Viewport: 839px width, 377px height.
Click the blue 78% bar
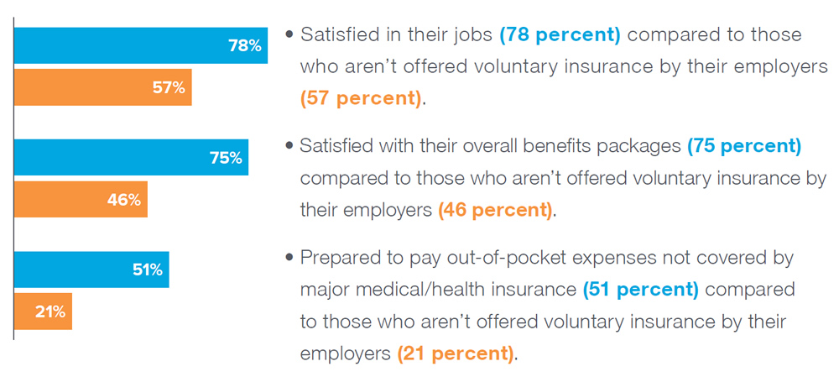click(141, 46)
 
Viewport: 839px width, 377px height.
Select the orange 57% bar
click(103, 87)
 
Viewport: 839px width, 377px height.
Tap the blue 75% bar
click(131, 157)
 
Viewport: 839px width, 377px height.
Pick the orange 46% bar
click(81, 199)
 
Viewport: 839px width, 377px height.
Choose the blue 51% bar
click(91, 270)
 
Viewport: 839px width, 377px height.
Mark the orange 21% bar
click(43, 312)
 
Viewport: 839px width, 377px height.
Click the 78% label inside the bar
click(245, 46)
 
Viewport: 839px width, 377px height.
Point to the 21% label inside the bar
click(50, 312)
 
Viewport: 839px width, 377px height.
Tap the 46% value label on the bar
click(124, 199)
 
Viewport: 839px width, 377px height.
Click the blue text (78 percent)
click(560, 35)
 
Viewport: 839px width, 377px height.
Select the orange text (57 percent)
click(361, 97)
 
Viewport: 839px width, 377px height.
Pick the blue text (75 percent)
click(744, 146)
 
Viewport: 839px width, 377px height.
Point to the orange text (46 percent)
click(495, 209)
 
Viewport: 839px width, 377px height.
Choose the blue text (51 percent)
click(640, 289)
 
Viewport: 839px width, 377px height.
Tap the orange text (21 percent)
click(455, 353)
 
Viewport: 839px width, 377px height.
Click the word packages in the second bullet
click(636, 146)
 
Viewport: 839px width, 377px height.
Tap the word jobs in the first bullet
click(473, 35)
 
